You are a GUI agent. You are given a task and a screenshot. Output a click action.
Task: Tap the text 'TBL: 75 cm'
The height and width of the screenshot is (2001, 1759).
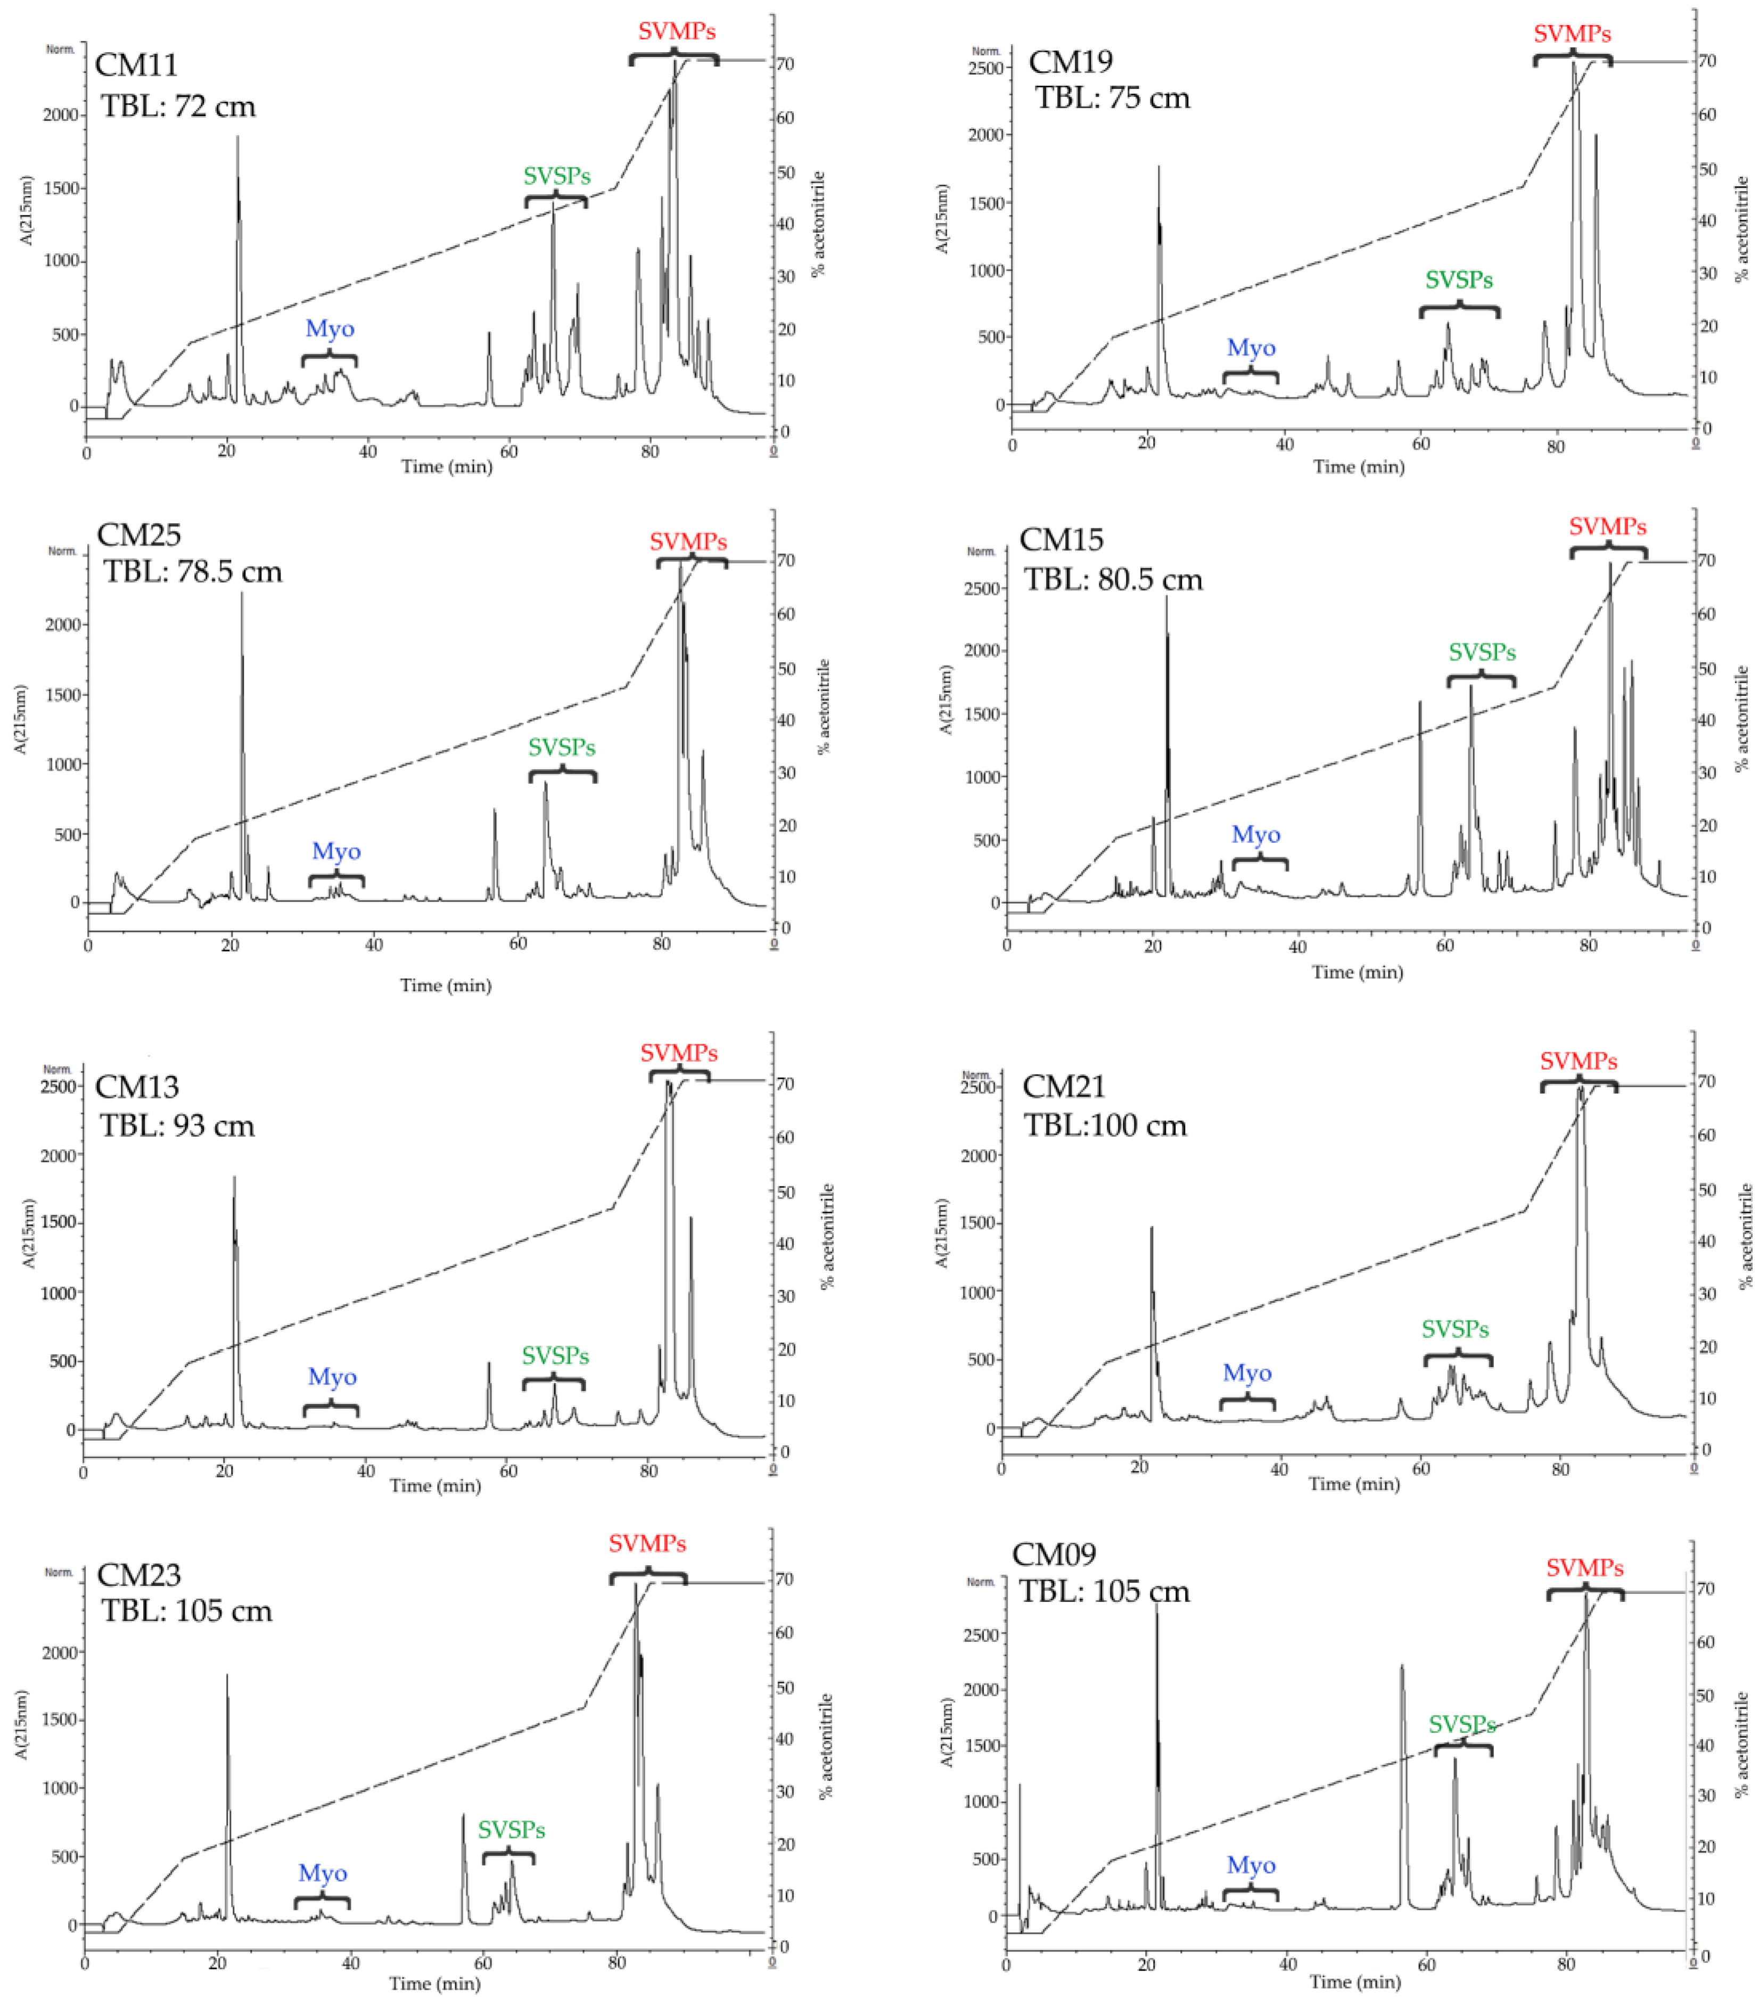(x=1113, y=98)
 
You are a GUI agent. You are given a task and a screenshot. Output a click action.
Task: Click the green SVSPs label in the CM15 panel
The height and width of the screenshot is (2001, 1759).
(x=1482, y=652)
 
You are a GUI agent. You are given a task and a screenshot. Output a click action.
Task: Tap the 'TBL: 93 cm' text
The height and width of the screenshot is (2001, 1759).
(x=177, y=1125)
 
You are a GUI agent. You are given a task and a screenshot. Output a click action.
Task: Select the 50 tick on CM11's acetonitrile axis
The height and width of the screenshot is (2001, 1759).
(x=785, y=172)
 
